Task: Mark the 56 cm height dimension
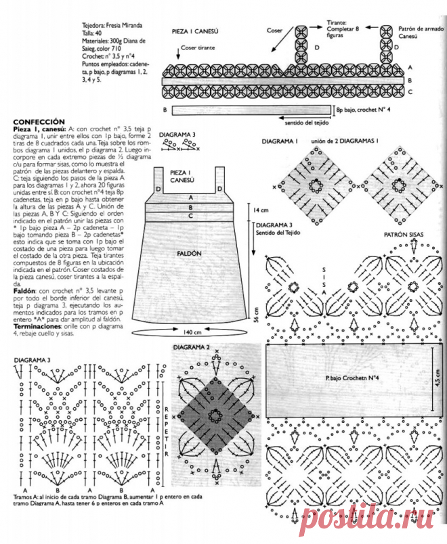pos(255,315)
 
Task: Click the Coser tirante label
pos(198,49)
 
